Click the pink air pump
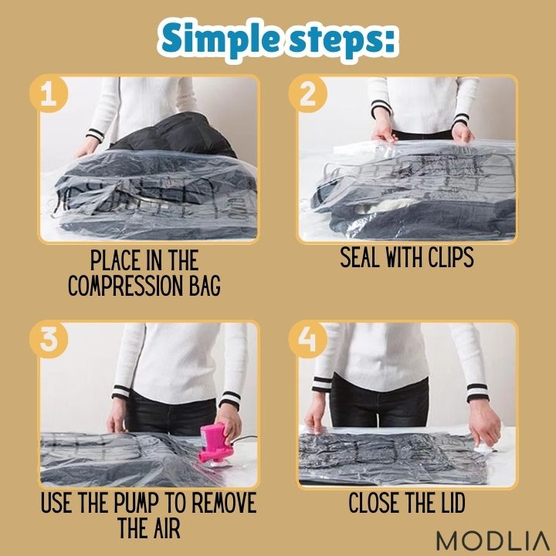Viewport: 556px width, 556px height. tap(215, 444)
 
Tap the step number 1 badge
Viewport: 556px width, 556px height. tap(49, 93)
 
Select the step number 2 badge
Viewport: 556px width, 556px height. tap(307, 93)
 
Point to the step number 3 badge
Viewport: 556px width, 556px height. tap(49, 339)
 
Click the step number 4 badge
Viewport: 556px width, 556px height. tap(307, 339)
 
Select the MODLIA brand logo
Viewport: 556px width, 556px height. tap(493, 541)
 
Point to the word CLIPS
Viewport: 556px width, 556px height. tap(451, 257)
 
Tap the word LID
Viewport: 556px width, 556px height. tap(452, 503)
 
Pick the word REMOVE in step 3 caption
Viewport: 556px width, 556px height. tap(223, 503)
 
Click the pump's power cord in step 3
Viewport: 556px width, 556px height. tap(246, 439)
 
